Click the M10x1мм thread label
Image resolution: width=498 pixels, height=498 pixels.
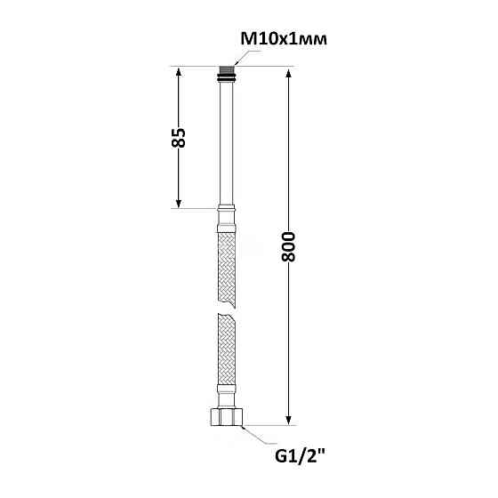pyautogui.click(x=284, y=39)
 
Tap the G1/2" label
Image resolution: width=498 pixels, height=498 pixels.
pyautogui.click(x=300, y=457)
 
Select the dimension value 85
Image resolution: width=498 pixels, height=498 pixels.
pyautogui.click(x=179, y=138)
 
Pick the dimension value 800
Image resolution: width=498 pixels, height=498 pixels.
pyautogui.click(x=288, y=246)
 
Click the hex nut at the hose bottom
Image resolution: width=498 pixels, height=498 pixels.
pyautogui.click(x=227, y=417)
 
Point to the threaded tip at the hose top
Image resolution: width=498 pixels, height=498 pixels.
pyautogui.click(x=227, y=70)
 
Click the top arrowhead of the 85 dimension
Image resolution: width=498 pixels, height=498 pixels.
pyautogui.click(x=179, y=71)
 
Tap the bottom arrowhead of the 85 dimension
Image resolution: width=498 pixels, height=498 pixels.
pyautogui.click(x=179, y=204)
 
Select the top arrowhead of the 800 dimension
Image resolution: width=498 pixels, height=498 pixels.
pyautogui.click(x=288, y=72)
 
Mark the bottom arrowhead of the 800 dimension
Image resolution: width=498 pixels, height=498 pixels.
pyautogui.click(x=288, y=420)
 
